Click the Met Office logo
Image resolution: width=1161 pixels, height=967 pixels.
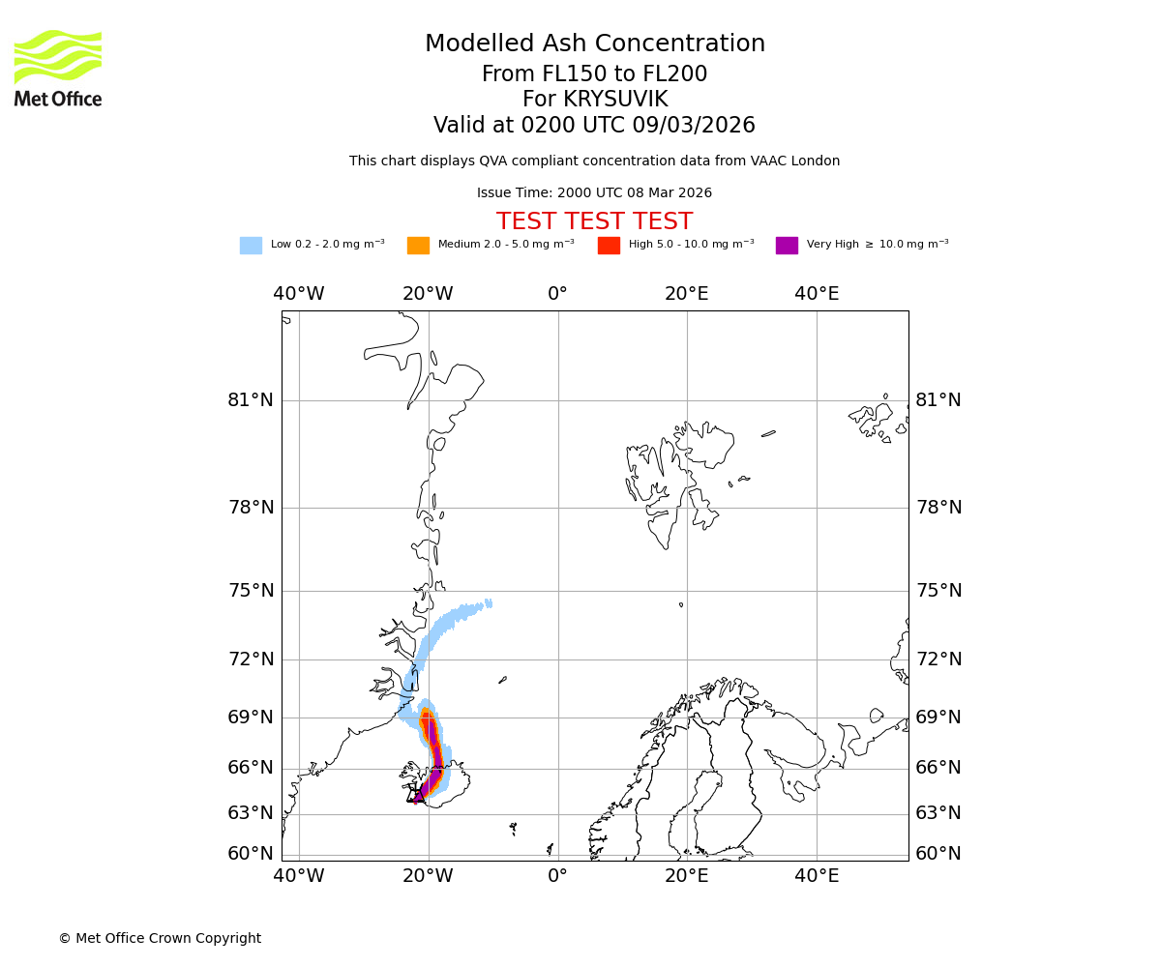point(58,68)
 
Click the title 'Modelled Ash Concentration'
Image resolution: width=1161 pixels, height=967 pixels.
point(594,44)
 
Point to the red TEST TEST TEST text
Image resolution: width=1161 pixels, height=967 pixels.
point(594,222)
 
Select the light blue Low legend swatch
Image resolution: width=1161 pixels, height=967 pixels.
point(251,246)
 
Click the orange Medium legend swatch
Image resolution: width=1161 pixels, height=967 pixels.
point(418,246)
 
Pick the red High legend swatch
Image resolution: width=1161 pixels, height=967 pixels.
point(609,246)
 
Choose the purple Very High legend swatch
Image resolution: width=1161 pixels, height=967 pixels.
point(787,246)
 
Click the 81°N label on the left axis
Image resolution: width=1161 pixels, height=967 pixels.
point(251,400)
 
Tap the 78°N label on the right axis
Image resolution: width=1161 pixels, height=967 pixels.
point(938,508)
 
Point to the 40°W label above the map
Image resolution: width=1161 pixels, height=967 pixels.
point(298,294)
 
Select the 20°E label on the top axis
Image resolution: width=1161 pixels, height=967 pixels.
point(687,294)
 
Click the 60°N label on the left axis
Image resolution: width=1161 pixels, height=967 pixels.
point(251,854)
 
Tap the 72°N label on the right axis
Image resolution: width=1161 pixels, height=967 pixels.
point(938,659)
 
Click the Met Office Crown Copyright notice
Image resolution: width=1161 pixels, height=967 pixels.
point(160,939)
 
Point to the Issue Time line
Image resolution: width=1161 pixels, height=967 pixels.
point(594,193)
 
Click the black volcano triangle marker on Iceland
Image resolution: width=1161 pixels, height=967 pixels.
point(416,797)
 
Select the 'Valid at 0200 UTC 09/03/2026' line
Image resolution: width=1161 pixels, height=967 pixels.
point(594,126)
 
